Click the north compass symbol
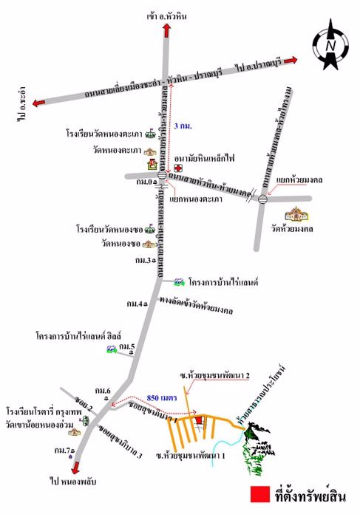tap(330, 44)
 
